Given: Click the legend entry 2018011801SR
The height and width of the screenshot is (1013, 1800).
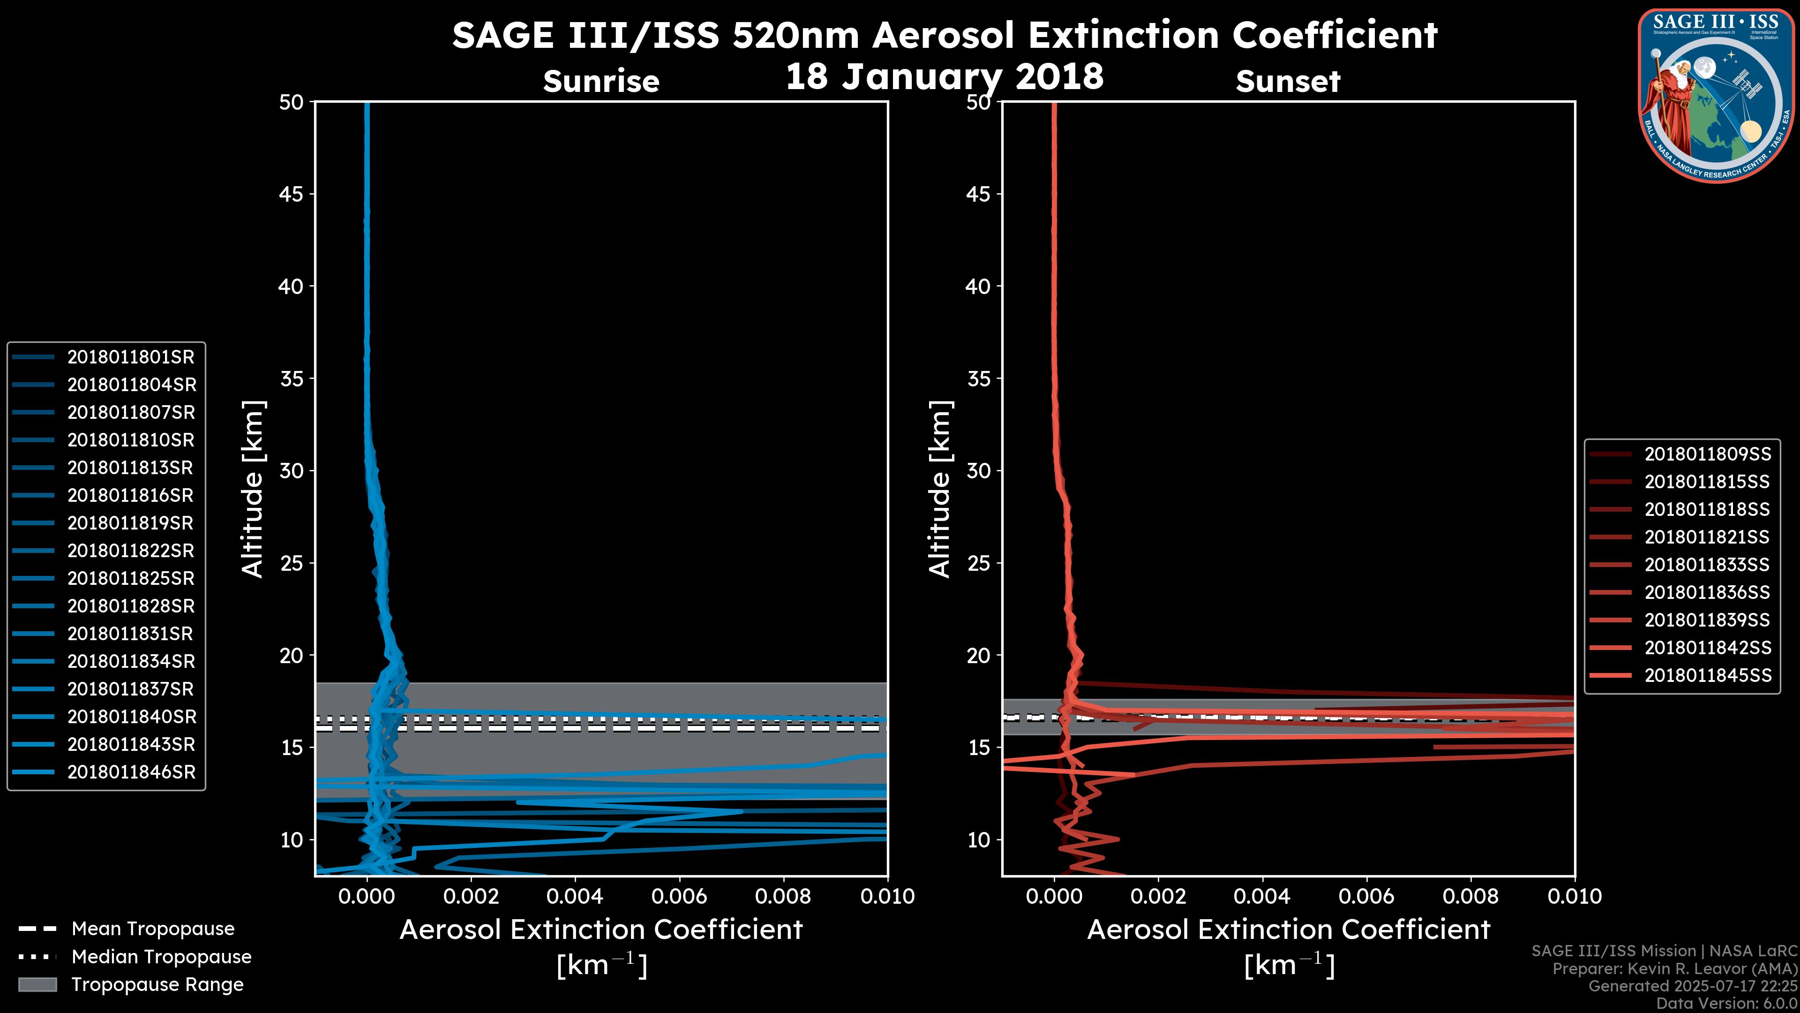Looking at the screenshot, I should (131, 357).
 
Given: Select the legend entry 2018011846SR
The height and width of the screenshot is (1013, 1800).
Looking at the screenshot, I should (131, 772).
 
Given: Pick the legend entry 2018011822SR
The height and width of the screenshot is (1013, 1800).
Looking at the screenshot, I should (131, 551).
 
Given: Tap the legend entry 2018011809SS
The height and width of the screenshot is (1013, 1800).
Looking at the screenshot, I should (1707, 454).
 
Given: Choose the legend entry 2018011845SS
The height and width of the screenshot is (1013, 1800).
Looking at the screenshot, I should (1707, 675).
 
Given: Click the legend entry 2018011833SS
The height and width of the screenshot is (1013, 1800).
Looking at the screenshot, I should (1707, 565).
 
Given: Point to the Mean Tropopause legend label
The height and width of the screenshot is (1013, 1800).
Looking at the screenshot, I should (152, 929).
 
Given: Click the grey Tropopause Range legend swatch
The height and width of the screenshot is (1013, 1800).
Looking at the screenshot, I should (37, 984).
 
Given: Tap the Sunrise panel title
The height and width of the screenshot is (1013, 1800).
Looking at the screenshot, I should (601, 82).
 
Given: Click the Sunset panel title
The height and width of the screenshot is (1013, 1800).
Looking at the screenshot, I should (1288, 82).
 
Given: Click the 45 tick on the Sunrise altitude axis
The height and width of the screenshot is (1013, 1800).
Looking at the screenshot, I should (291, 194).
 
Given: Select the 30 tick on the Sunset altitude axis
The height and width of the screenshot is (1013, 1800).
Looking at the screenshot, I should (978, 471).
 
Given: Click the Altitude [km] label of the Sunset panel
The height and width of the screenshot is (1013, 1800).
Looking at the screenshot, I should (940, 489).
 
